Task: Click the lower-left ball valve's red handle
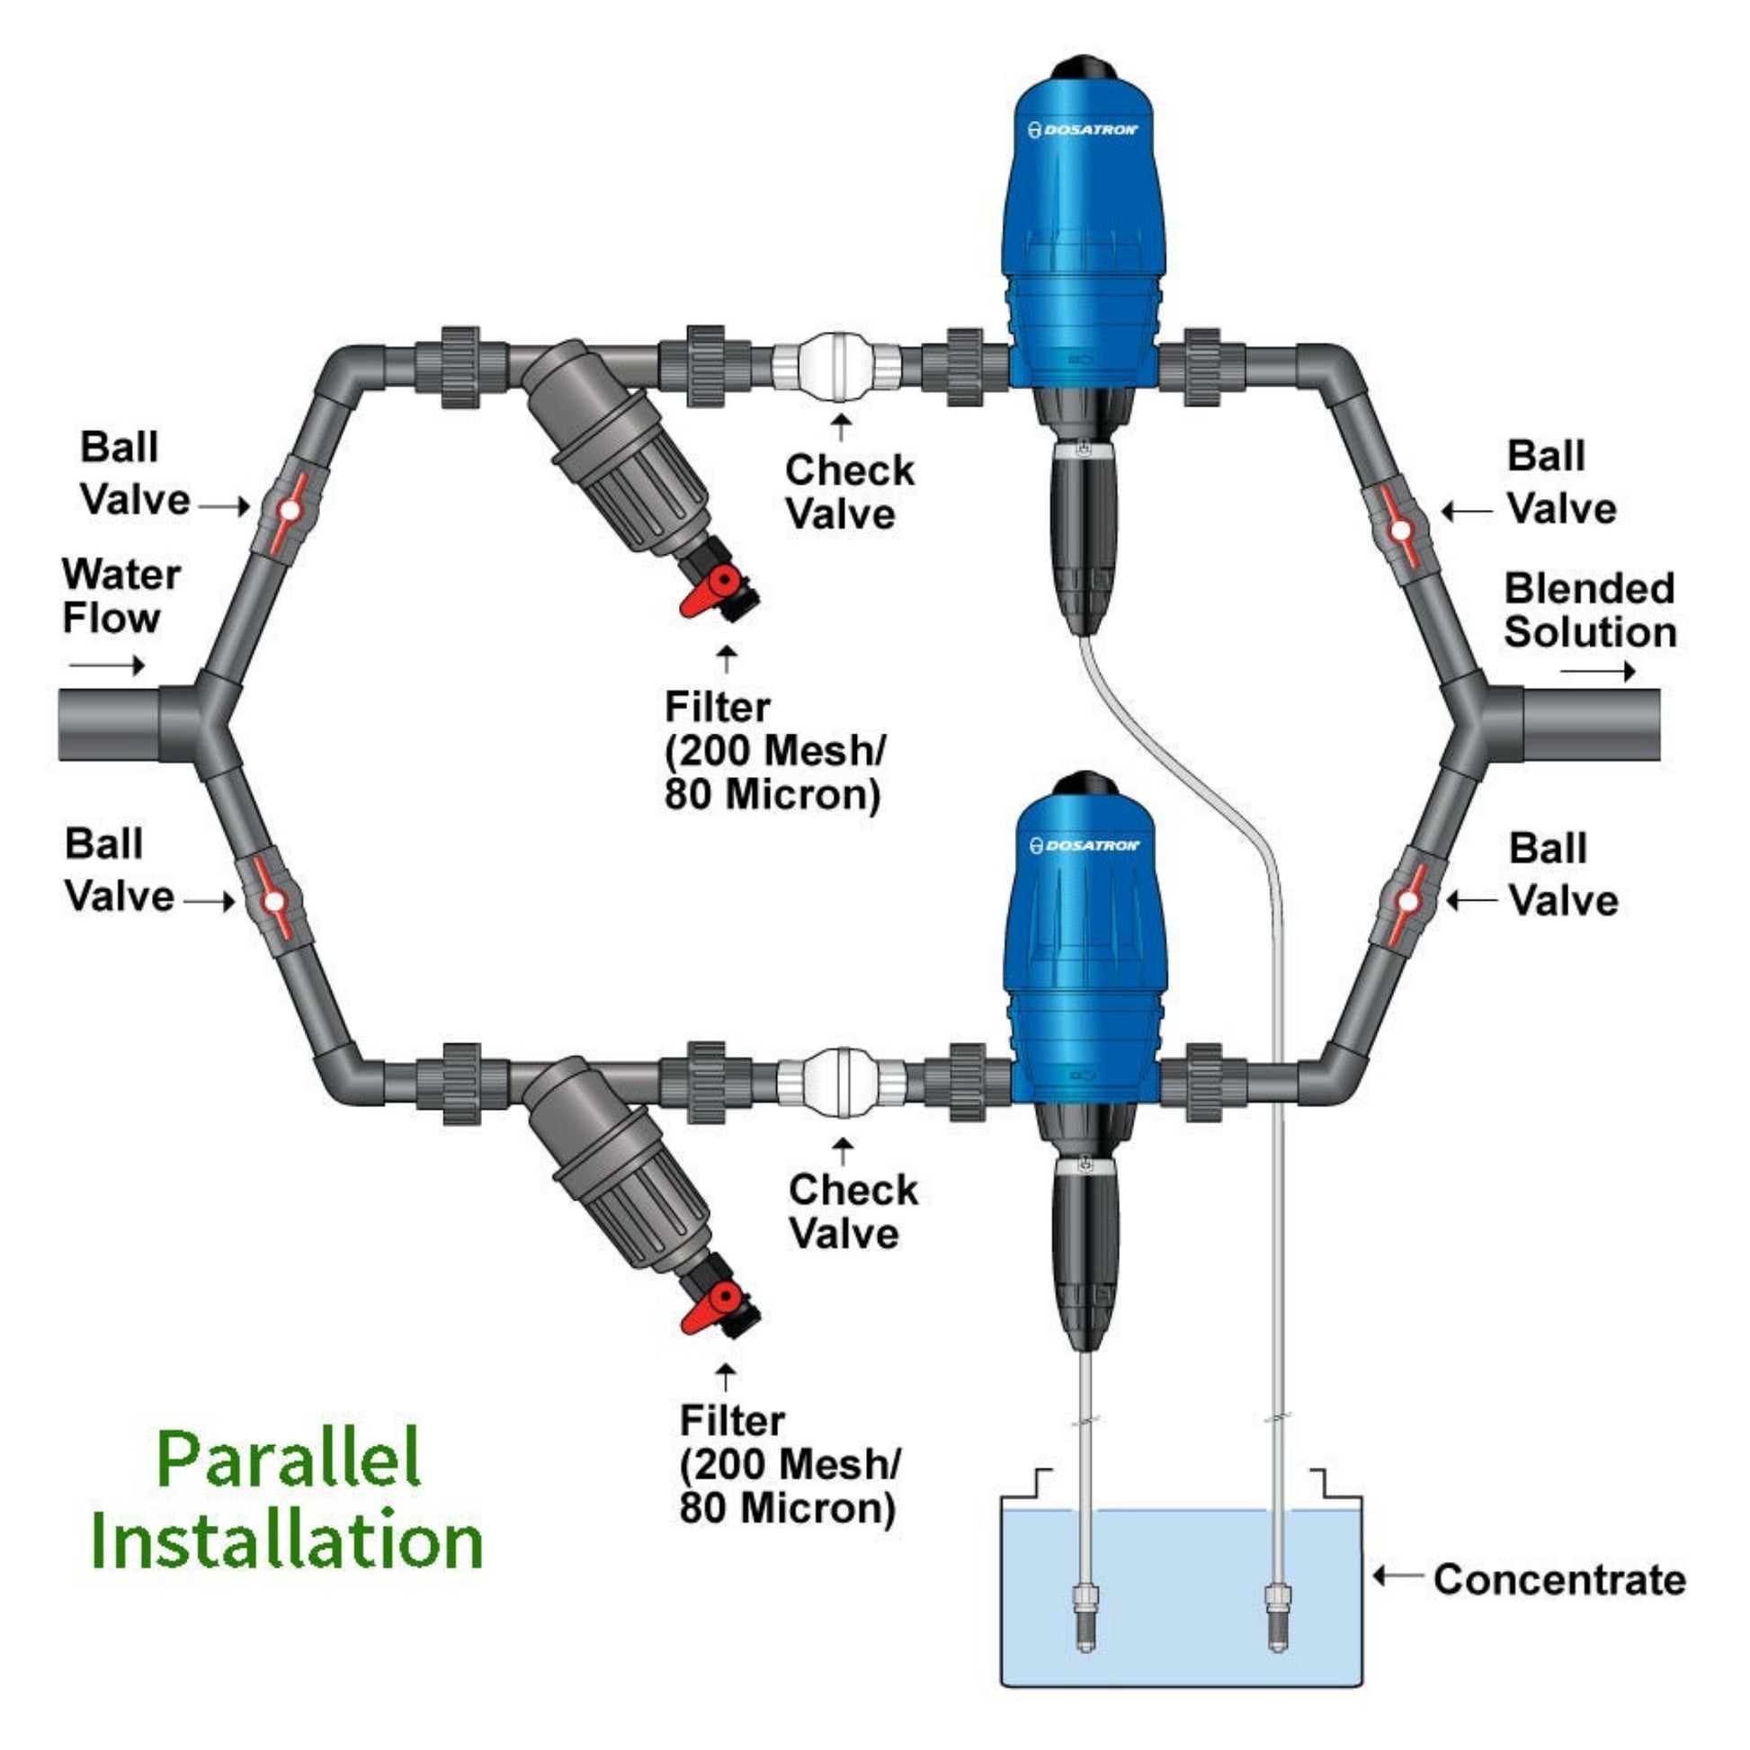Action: click(x=272, y=901)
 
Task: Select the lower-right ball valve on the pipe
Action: click(x=1406, y=901)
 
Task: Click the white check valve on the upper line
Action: click(x=835, y=367)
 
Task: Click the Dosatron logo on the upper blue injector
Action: click(x=1083, y=129)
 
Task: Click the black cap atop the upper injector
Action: click(x=1085, y=68)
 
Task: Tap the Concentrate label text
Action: click(x=1558, y=1580)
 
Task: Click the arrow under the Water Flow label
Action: click(x=107, y=665)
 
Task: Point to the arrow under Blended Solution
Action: click(x=1597, y=671)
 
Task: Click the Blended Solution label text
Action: click(x=1590, y=611)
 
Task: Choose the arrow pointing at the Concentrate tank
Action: click(x=1398, y=1577)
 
